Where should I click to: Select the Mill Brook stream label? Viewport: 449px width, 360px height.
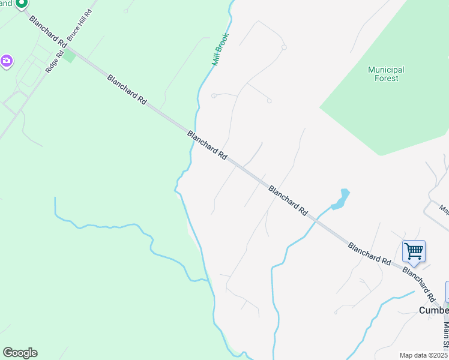tap(220, 49)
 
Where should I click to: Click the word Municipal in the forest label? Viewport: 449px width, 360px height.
tap(386, 70)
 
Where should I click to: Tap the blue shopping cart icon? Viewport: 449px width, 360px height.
tap(414, 251)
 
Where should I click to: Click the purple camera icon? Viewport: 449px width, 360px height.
tap(7, 61)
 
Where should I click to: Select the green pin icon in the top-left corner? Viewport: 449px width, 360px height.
tap(21, 3)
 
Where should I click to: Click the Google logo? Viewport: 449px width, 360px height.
tap(20, 353)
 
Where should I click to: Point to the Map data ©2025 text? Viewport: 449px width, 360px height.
tap(423, 355)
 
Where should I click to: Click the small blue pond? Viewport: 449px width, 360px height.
tap(340, 200)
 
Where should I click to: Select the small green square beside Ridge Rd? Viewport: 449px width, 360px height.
tap(70, 56)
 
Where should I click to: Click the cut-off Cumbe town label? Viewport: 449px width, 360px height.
tap(433, 310)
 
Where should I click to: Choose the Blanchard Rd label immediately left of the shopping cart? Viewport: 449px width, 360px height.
tap(369, 254)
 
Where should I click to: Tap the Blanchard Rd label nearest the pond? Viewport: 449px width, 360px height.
tap(288, 200)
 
